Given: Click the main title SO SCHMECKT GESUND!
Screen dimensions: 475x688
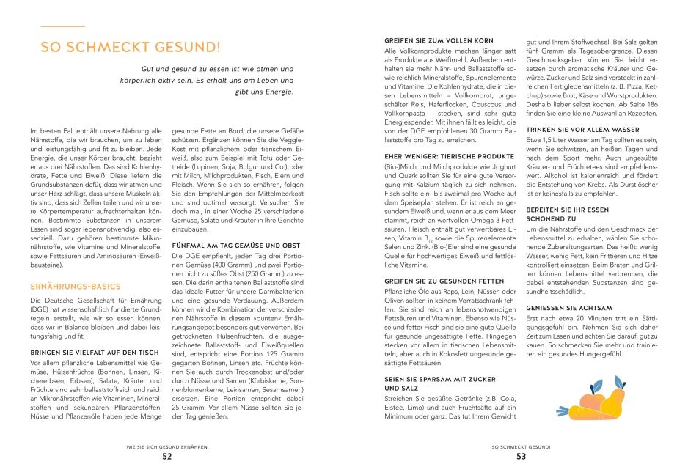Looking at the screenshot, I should pyautogui.click(x=130, y=48).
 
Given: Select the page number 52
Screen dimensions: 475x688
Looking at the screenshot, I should pyautogui.click(x=167, y=456).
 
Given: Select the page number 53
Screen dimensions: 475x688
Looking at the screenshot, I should pyautogui.click(x=521, y=456).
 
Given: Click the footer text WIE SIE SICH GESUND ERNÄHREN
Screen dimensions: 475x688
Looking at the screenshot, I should pyautogui.click(x=168, y=446).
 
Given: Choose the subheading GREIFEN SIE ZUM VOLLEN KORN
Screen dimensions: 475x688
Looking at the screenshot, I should pyautogui.click(x=439, y=40).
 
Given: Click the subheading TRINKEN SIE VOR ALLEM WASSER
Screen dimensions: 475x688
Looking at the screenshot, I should pyautogui.click(x=582, y=129).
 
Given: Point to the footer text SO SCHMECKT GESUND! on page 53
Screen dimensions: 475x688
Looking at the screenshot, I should pyautogui.click(x=521, y=446).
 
